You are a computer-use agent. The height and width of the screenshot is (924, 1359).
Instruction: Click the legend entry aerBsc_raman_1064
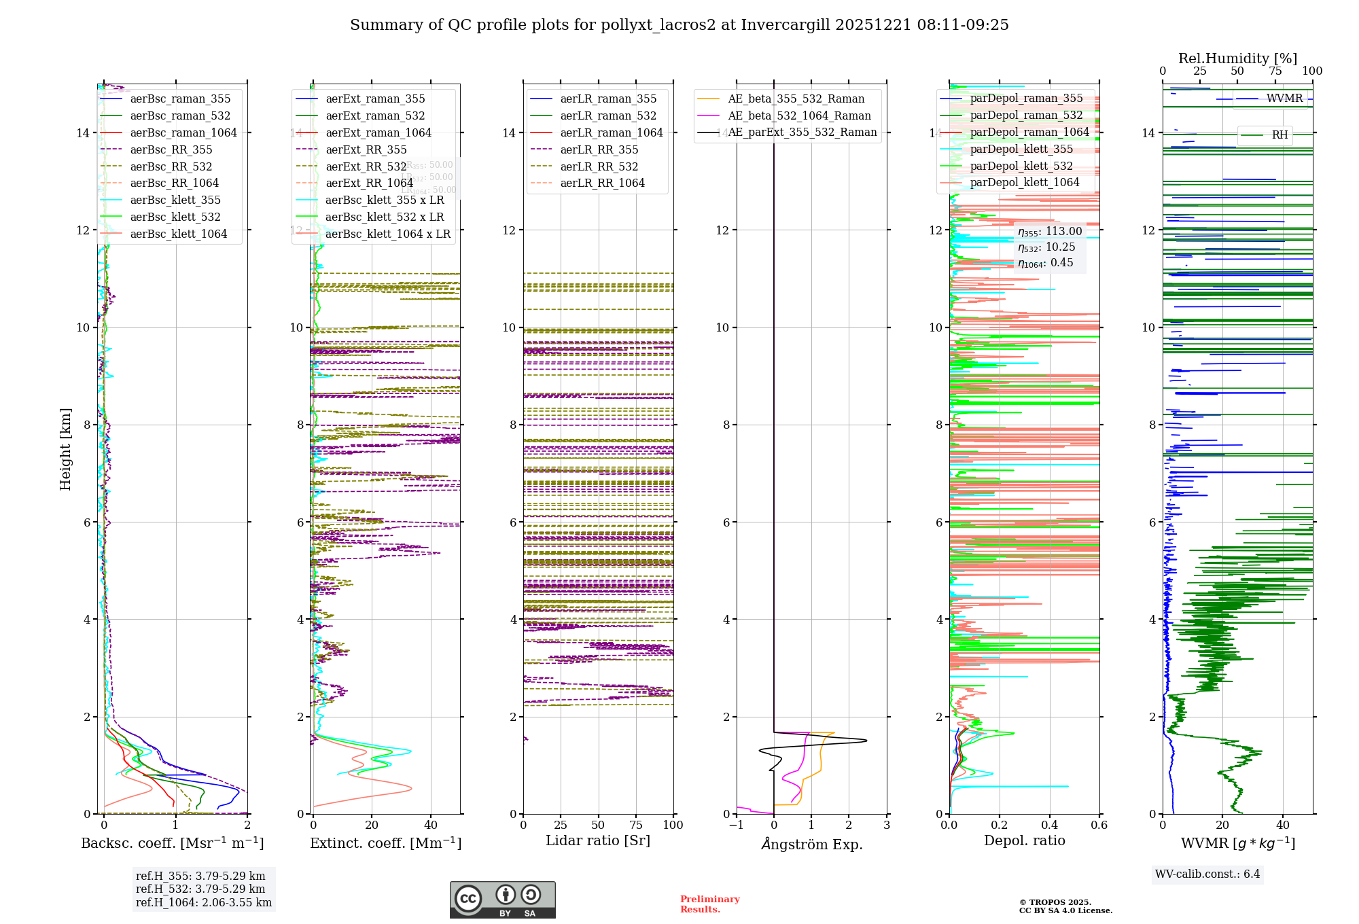[183, 132]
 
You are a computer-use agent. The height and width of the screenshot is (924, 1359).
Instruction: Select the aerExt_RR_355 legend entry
[366, 149]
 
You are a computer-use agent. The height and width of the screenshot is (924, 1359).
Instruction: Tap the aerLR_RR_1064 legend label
[602, 183]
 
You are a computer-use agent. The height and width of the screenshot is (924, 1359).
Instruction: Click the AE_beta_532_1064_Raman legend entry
[799, 115]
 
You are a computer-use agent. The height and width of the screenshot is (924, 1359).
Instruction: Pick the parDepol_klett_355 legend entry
[1021, 149]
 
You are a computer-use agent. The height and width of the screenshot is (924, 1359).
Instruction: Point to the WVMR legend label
[1284, 99]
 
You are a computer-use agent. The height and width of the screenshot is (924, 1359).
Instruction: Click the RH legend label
[1279, 135]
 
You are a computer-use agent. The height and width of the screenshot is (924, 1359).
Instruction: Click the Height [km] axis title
[65, 448]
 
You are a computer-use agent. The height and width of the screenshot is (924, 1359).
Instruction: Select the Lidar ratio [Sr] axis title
[598, 840]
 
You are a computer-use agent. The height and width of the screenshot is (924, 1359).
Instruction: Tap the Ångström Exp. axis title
[811, 844]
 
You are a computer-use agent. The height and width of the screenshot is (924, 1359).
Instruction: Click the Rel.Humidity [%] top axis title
[1237, 58]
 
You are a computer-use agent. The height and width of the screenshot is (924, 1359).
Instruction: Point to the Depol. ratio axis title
[1024, 840]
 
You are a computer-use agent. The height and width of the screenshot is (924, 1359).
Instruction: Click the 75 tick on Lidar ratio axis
[636, 825]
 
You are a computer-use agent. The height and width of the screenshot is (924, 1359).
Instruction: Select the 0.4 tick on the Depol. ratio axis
[1049, 825]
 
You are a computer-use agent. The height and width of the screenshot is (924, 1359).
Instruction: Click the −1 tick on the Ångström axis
[736, 825]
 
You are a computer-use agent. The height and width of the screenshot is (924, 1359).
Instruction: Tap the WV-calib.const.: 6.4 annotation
[1207, 874]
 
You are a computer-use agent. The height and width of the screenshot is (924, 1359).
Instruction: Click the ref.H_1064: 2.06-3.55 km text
[204, 902]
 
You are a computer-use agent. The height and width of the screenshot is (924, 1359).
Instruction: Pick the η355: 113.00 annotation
[1050, 232]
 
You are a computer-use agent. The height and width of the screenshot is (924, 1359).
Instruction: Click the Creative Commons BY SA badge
[502, 900]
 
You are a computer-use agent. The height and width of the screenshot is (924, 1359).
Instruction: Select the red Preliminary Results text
[709, 904]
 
